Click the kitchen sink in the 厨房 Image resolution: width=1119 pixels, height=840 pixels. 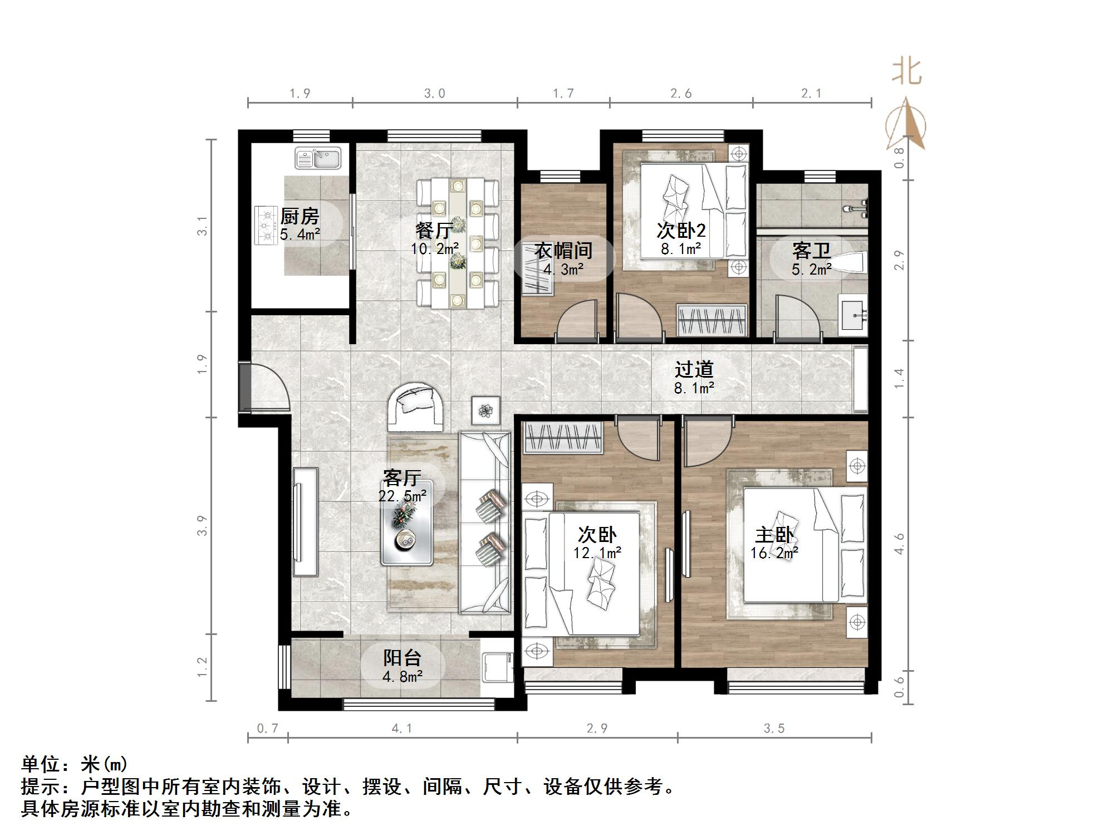pos(318,158)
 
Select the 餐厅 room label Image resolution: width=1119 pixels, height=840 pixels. pos(435,229)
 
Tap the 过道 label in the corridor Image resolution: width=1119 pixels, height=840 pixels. pos(694,369)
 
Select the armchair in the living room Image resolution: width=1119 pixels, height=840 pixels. pos(416,407)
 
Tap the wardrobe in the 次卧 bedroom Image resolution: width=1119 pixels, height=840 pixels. pos(563,437)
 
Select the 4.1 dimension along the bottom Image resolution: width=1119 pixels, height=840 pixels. pos(401,729)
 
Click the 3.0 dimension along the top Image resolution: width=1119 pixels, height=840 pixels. pos(434,94)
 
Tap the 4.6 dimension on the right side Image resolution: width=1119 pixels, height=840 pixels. pos(900,544)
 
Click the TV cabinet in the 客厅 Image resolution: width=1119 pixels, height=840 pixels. pos(305,522)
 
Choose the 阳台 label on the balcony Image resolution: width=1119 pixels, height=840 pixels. pos(402,658)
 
